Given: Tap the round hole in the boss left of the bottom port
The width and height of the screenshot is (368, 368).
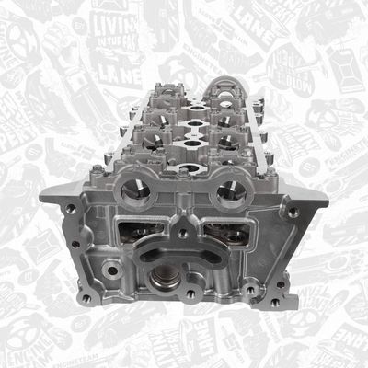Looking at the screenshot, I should click(x=111, y=270).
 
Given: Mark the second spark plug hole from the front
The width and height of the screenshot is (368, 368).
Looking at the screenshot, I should click(x=190, y=143).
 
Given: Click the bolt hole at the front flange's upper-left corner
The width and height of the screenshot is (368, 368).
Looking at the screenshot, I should click(x=71, y=209).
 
